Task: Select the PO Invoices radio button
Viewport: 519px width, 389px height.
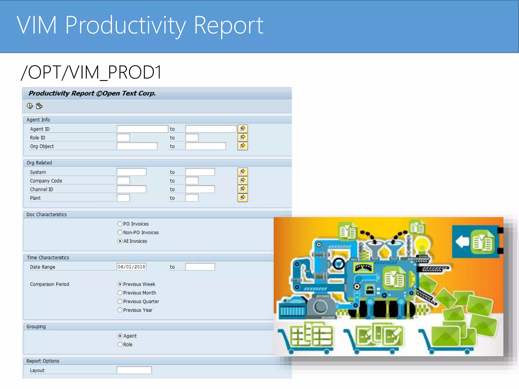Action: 120,224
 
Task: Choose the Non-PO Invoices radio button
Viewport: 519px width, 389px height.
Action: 120,232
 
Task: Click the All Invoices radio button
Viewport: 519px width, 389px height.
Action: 120,241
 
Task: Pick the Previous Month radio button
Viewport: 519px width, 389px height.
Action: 120,293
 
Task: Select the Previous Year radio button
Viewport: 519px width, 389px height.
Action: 120,310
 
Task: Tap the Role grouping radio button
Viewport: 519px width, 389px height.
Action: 120,344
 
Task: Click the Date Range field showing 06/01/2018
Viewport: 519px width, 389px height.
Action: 132,267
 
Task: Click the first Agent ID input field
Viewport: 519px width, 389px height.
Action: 142,129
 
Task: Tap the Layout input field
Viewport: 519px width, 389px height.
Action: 134,370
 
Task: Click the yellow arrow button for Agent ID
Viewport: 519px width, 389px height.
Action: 243,129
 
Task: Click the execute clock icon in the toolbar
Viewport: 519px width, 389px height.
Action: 30,106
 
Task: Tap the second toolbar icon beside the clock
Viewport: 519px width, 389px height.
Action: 39,106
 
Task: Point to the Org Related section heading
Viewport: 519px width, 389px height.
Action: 39,163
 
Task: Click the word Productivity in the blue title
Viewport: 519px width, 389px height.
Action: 126,25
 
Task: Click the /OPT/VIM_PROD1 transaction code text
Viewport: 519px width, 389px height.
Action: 91,72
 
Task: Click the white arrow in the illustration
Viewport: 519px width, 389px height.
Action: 462,241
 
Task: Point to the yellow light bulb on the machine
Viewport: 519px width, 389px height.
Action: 422,244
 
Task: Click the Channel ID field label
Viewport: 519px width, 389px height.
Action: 42,189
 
